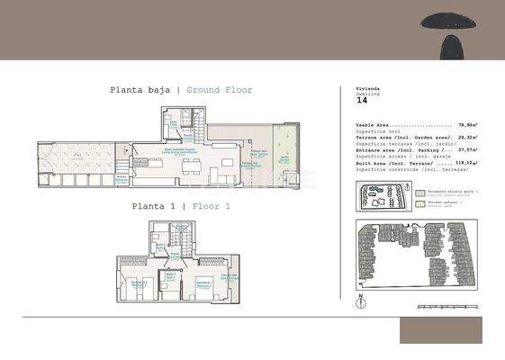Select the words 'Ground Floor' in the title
[219, 90]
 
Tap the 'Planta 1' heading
[153, 206]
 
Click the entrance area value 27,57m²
[466, 150]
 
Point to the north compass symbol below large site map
[360, 300]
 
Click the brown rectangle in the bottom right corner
[454, 330]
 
